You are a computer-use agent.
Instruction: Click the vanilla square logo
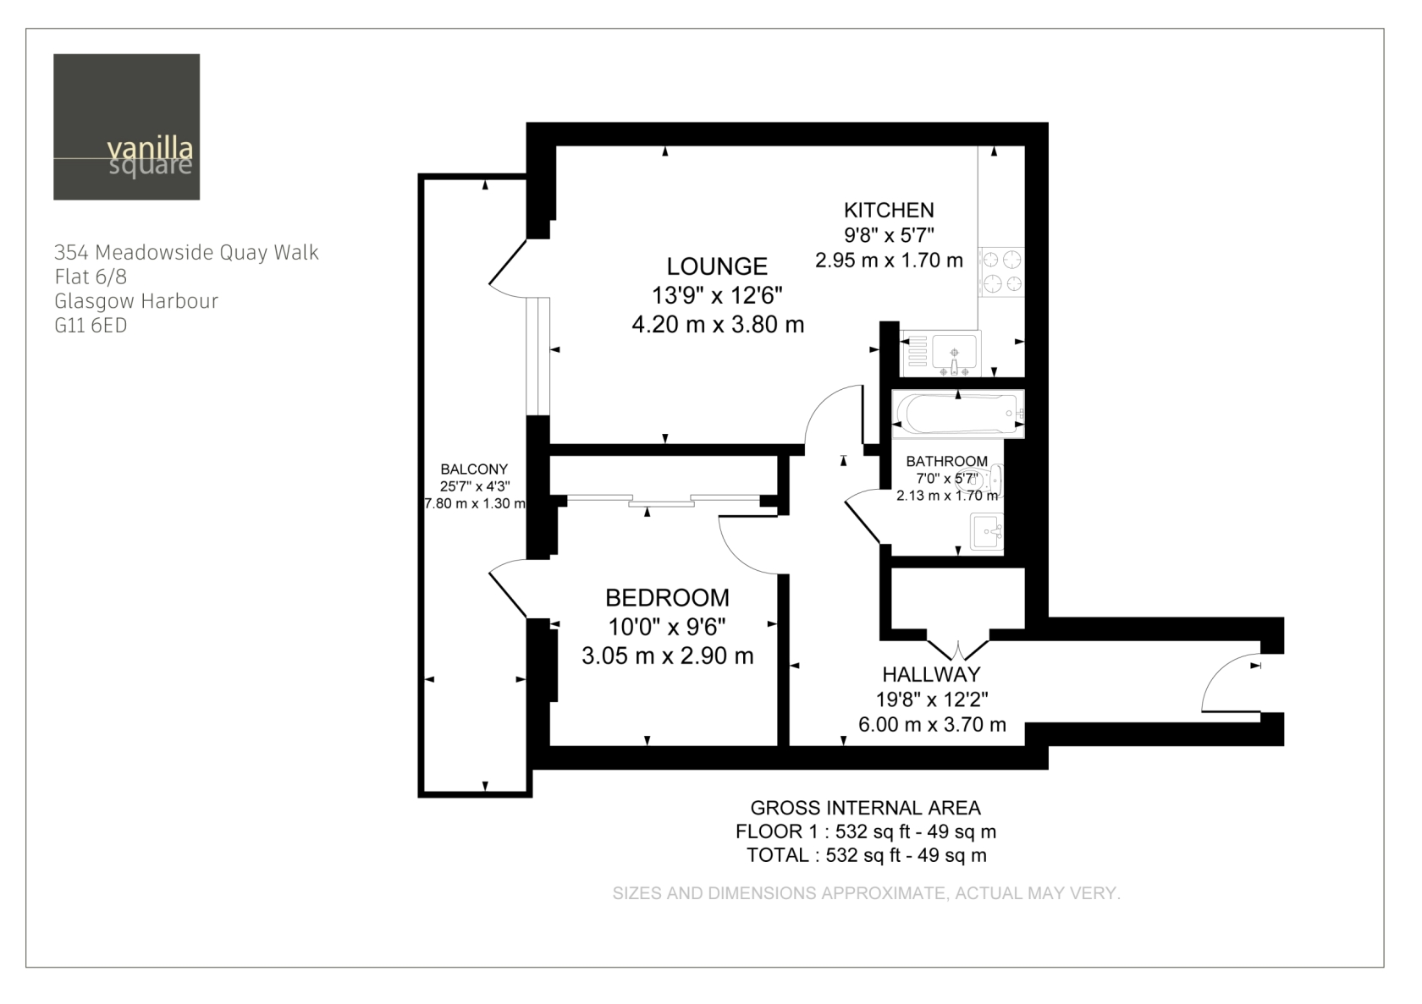pyautogui.click(x=126, y=127)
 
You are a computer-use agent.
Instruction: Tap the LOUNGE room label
pyautogui.click(x=717, y=266)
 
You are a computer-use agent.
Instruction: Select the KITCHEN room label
pyautogui.click(x=889, y=210)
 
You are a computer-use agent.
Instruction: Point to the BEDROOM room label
pyautogui.click(x=667, y=597)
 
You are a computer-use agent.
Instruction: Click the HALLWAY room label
pyautogui.click(x=931, y=674)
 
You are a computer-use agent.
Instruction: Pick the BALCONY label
pyautogui.click(x=474, y=469)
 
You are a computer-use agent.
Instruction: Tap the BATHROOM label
pyautogui.click(x=946, y=461)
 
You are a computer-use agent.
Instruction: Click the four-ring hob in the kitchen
pyautogui.click(x=1002, y=272)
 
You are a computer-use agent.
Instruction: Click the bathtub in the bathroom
pyautogui.click(x=958, y=414)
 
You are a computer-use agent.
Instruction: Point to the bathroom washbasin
pyautogui.click(x=987, y=531)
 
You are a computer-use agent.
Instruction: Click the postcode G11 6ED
pyautogui.click(x=91, y=326)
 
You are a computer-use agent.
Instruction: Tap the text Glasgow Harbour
pyautogui.click(x=136, y=301)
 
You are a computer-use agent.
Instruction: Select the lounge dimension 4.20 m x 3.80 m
pyautogui.click(x=718, y=325)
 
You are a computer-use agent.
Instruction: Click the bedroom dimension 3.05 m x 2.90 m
pyautogui.click(x=668, y=656)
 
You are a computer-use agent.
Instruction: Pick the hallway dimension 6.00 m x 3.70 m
pyautogui.click(x=932, y=724)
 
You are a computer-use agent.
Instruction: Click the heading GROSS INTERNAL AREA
pyautogui.click(x=865, y=808)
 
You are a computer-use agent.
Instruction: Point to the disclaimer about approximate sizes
pyautogui.click(x=867, y=893)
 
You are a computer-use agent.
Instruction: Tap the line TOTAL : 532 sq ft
pyautogui.click(x=867, y=855)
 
